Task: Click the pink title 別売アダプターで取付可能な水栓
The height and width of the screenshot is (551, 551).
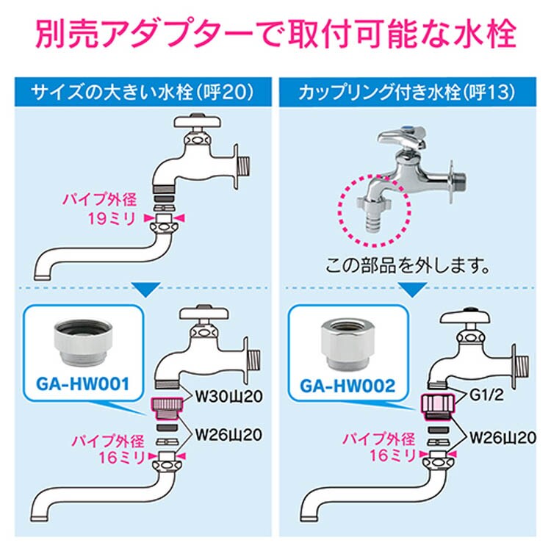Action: [275, 35]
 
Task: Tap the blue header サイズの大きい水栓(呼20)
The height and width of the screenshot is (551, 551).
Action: [143, 92]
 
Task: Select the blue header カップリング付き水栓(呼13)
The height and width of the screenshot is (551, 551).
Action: [407, 92]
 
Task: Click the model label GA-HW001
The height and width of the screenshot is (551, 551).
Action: [83, 384]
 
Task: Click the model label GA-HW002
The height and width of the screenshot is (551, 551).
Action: [347, 386]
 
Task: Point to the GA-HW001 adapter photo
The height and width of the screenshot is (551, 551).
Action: [83, 341]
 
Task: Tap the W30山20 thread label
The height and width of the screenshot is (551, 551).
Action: [228, 397]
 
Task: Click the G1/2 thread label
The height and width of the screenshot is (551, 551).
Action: [486, 395]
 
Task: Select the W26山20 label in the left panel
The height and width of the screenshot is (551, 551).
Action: [228, 435]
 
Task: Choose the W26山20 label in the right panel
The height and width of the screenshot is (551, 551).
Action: [503, 438]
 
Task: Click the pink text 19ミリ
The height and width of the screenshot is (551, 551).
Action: [112, 219]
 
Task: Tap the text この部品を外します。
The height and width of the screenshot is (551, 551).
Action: [408, 266]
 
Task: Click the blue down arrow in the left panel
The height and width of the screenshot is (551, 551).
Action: [146, 289]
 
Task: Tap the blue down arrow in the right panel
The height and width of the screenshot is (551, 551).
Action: [413, 289]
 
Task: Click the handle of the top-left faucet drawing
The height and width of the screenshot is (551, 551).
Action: [198, 121]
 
